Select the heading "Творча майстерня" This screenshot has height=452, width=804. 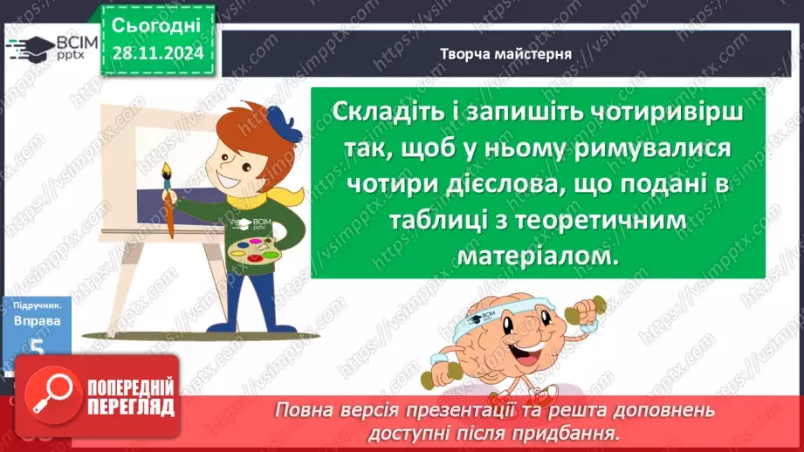point(506,53)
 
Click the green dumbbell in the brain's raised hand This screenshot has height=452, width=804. point(585,306)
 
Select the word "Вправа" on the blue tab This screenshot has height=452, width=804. point(37,321)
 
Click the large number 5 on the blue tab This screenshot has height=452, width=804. point(36,347)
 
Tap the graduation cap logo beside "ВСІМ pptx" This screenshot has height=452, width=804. point(29,47)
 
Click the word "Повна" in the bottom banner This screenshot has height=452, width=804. point(301,409)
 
